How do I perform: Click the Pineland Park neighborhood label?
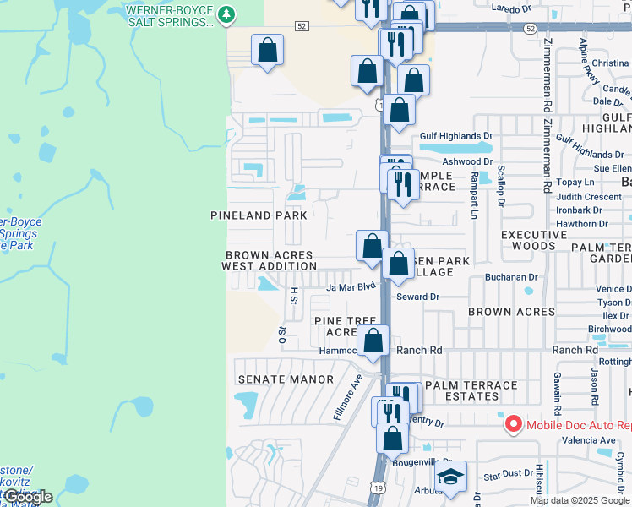click(259, 215)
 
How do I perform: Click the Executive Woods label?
click(534, 240)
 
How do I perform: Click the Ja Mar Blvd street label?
click(350, 287)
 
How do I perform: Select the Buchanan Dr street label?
click(511, 277)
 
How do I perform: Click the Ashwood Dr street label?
click(467, 161)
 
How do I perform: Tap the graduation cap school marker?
click(451, 479)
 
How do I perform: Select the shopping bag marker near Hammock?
click(373, 342)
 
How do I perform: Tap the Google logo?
click(27, 498)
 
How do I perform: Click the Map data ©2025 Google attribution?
click(580, 500)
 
